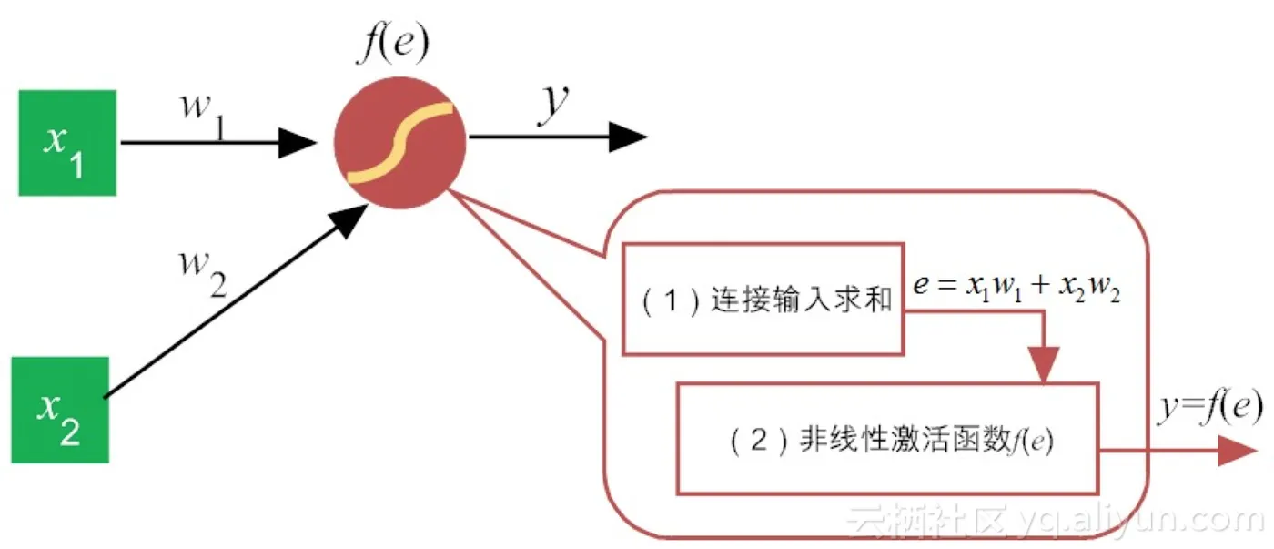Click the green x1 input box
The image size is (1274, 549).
click(x=67, y=142)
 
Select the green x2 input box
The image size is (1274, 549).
click(x=60, y=410)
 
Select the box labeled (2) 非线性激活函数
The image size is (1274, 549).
click(x=887, y=438)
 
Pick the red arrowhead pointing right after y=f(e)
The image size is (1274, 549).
click(x=1238, y=450)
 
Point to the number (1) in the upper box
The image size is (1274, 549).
click(x=668, y=300)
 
